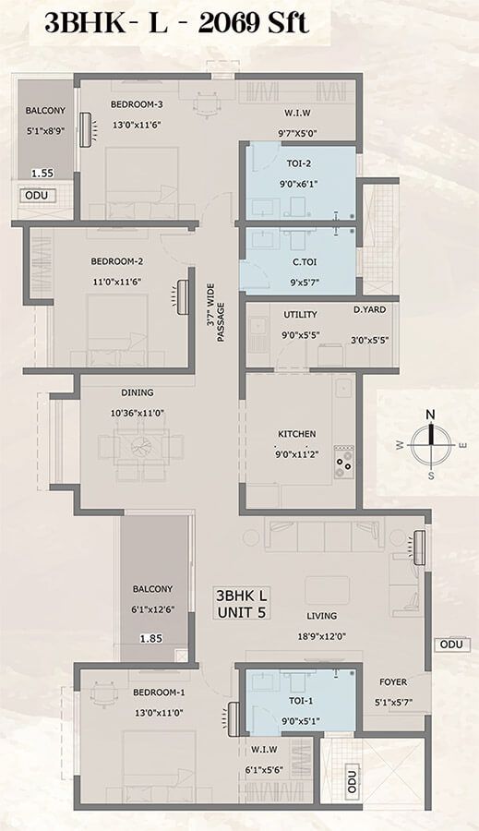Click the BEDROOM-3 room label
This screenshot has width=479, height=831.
pos(137,104)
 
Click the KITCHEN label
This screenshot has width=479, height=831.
pos(297,434)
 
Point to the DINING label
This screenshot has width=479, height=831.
pos(137,392)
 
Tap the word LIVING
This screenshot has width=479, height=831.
pos(322,616)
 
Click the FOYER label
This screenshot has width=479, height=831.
pos(394,683)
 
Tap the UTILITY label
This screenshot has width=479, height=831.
pos(300,315)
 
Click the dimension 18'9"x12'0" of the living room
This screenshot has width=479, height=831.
pos(322,636)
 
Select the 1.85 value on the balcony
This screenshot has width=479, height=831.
pos(149,637)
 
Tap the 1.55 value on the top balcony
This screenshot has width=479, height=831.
pos(42,173)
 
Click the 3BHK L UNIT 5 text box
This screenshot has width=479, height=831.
pos(242,603)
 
